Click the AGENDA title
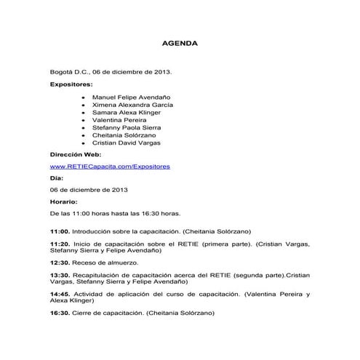pyautogui.click(x=179, y=44)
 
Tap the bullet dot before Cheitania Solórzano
pyautogui.click(x=84, y=135)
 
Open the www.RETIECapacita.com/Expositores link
pyautogui.click(x=110, y=167)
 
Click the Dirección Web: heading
pyautogui.click(x=76, y=155)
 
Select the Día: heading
pyautogui.click(x=57, y=177)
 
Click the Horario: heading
pyautogui.click(x=63, y=201)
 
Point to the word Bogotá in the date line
pyautogui.click(x=60, y=73)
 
